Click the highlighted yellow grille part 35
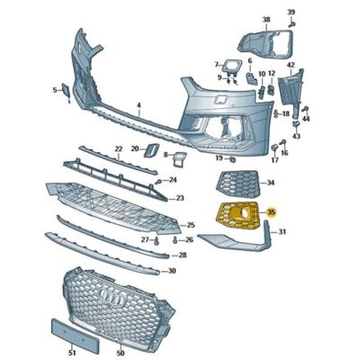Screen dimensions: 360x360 (x=237, y=215)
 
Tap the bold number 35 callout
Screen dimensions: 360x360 (x=271, y=212)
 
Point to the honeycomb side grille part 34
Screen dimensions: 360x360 (x=237, y=184)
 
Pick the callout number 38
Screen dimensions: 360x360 (x=266, y=20)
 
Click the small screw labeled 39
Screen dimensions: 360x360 (x=292, y=24)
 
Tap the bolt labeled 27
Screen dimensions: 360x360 (x=157, y=240)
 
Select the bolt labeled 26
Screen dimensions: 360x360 (x=175, y=239)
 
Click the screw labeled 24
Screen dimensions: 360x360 (x=159, y=181)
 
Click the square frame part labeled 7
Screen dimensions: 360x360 (x=232, y=67)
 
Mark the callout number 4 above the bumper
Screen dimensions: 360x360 (x=139, y=105)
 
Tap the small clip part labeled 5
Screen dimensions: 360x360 (x=66, y=92)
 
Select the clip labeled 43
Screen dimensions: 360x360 (x=296, y=124)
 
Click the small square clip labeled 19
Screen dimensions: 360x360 (x=232, y=159)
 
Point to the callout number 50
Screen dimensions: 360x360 (x=121, y=354)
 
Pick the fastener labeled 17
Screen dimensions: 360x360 (x=274, y=148)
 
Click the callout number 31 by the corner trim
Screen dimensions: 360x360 (x=282, y=231)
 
